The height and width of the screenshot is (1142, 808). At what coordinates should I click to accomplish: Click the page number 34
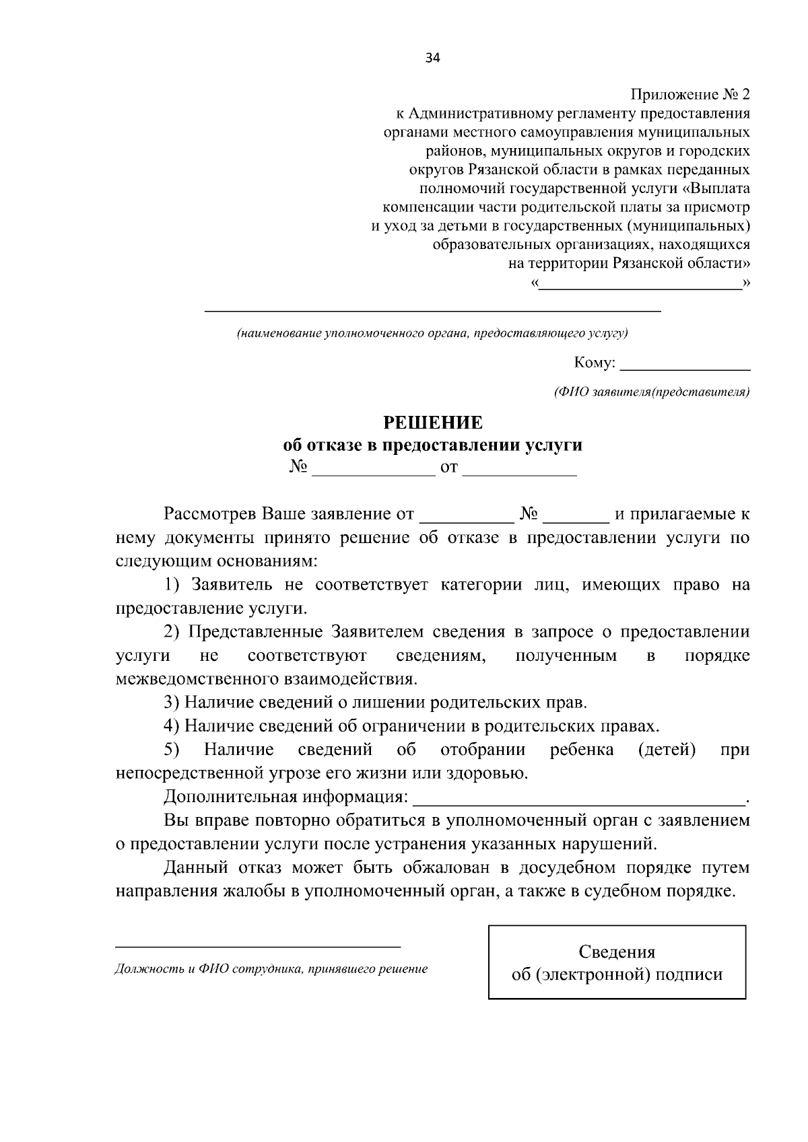click(x=432, y=59)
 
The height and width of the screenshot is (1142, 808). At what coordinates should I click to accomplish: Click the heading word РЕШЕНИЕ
click(x=432, y=423)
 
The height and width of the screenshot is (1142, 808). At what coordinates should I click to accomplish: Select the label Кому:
click(x=594, y=363)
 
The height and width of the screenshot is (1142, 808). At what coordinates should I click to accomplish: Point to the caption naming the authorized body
click(x=432, y=333)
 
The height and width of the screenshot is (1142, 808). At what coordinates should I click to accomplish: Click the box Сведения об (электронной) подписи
click(x=617, y=962)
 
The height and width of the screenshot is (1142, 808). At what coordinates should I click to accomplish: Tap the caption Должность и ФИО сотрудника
click(x=271, y=970)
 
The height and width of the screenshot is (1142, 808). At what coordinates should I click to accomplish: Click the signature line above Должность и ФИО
click(x=258, y=946)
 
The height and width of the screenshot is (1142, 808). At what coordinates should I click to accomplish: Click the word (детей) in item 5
click(x=667, y=750)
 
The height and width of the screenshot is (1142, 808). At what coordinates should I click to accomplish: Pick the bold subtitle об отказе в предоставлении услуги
click(x=432, y=445)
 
